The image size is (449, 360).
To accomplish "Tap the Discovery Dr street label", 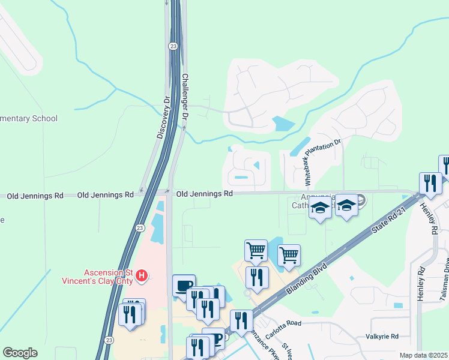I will tap(164, 118).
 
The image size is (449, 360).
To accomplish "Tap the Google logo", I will tap(20, 353).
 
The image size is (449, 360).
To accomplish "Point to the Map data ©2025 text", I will tap(423, 355).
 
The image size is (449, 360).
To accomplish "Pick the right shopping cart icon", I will tap(289, 254).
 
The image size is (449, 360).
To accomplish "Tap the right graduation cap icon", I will tap(346, 205).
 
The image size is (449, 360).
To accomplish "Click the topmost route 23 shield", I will tap(173, 46).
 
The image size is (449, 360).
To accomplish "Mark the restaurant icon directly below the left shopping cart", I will tap(257, 277).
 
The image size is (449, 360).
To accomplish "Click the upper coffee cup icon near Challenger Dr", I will tap(184, 285).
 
